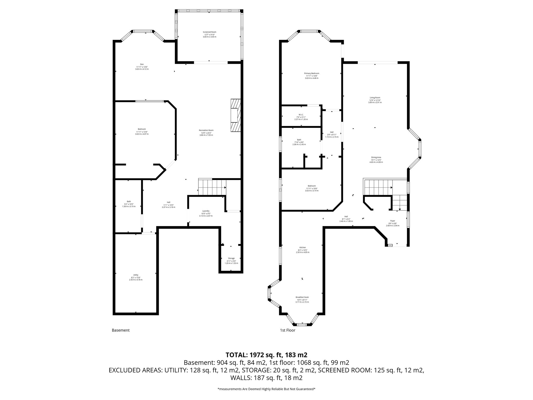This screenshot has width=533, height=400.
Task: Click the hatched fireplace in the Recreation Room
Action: pyautogui.click(x=235, y=116)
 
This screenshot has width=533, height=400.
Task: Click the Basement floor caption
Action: pyautogui.click(x=120, y=330)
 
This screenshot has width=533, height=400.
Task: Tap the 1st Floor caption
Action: pyautogui.click(x=288, y=330)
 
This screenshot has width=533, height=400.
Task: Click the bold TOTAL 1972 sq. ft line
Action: pyautogui.click(x=266, y=355)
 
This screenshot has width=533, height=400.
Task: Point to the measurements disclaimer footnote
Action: pyautogui.click(x=266, y=389)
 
